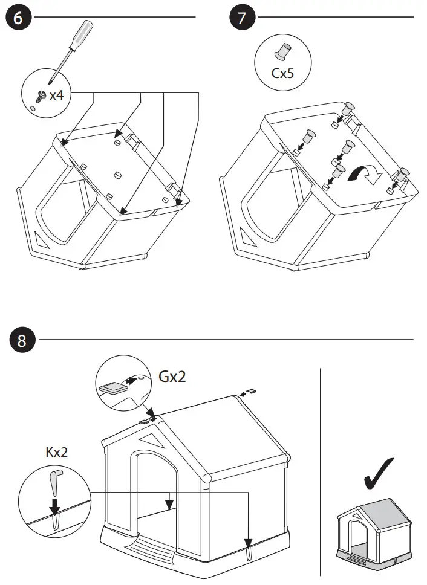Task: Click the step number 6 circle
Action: pos(19,18)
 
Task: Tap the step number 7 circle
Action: pos(242,18)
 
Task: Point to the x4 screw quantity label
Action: pos(57,95)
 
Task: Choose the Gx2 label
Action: pos(173,377)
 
